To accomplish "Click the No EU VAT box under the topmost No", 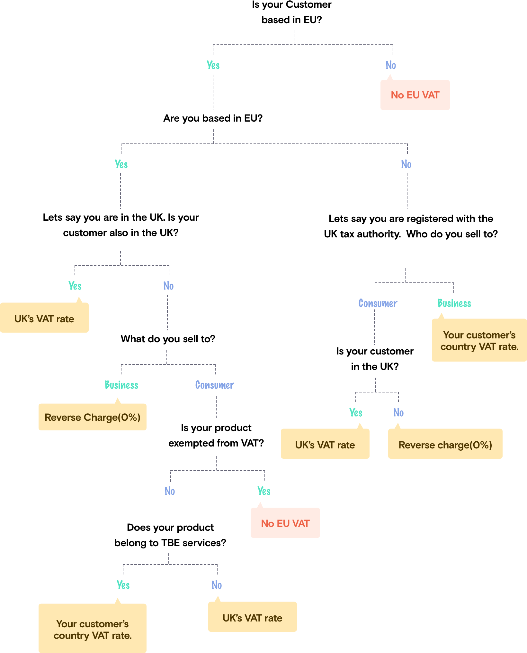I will pos(415,95).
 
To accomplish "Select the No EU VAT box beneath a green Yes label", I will pos(285,523).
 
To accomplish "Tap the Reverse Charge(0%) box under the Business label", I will pos(92,417).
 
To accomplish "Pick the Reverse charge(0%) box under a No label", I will pos(445,445).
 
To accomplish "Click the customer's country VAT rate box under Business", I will pos(479,340).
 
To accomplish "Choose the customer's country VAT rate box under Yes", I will pos(92,629).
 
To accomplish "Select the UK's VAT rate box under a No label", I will pos(252,618).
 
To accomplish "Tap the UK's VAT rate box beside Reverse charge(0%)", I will pos(325,445).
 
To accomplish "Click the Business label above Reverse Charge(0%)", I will pos(121,385).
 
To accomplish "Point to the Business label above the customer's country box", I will pos(454,303).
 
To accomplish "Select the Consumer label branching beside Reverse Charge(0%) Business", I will pos(215,385).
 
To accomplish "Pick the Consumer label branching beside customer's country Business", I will pos(378,303).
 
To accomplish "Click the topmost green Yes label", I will pos(213,65).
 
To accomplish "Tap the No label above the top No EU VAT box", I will pos(391,65).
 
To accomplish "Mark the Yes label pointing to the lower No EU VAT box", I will pos(264,491).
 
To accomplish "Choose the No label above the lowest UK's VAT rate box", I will pos(217,585).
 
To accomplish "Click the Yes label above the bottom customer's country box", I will pos(123,585).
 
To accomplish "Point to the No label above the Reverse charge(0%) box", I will pos(398,413).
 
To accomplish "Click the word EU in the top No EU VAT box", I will pos(413,95).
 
